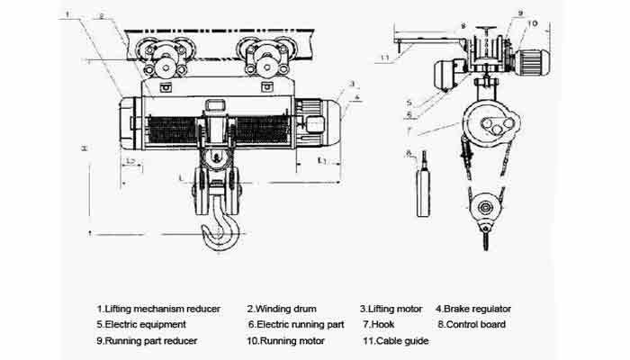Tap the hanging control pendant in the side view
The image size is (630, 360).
click(x=420, y=191)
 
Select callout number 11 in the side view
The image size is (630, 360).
click(x=384, y=58)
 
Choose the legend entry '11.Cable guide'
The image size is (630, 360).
click(x=395, y=341)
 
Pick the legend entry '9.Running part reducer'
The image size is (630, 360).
click(x=147, y=341)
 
